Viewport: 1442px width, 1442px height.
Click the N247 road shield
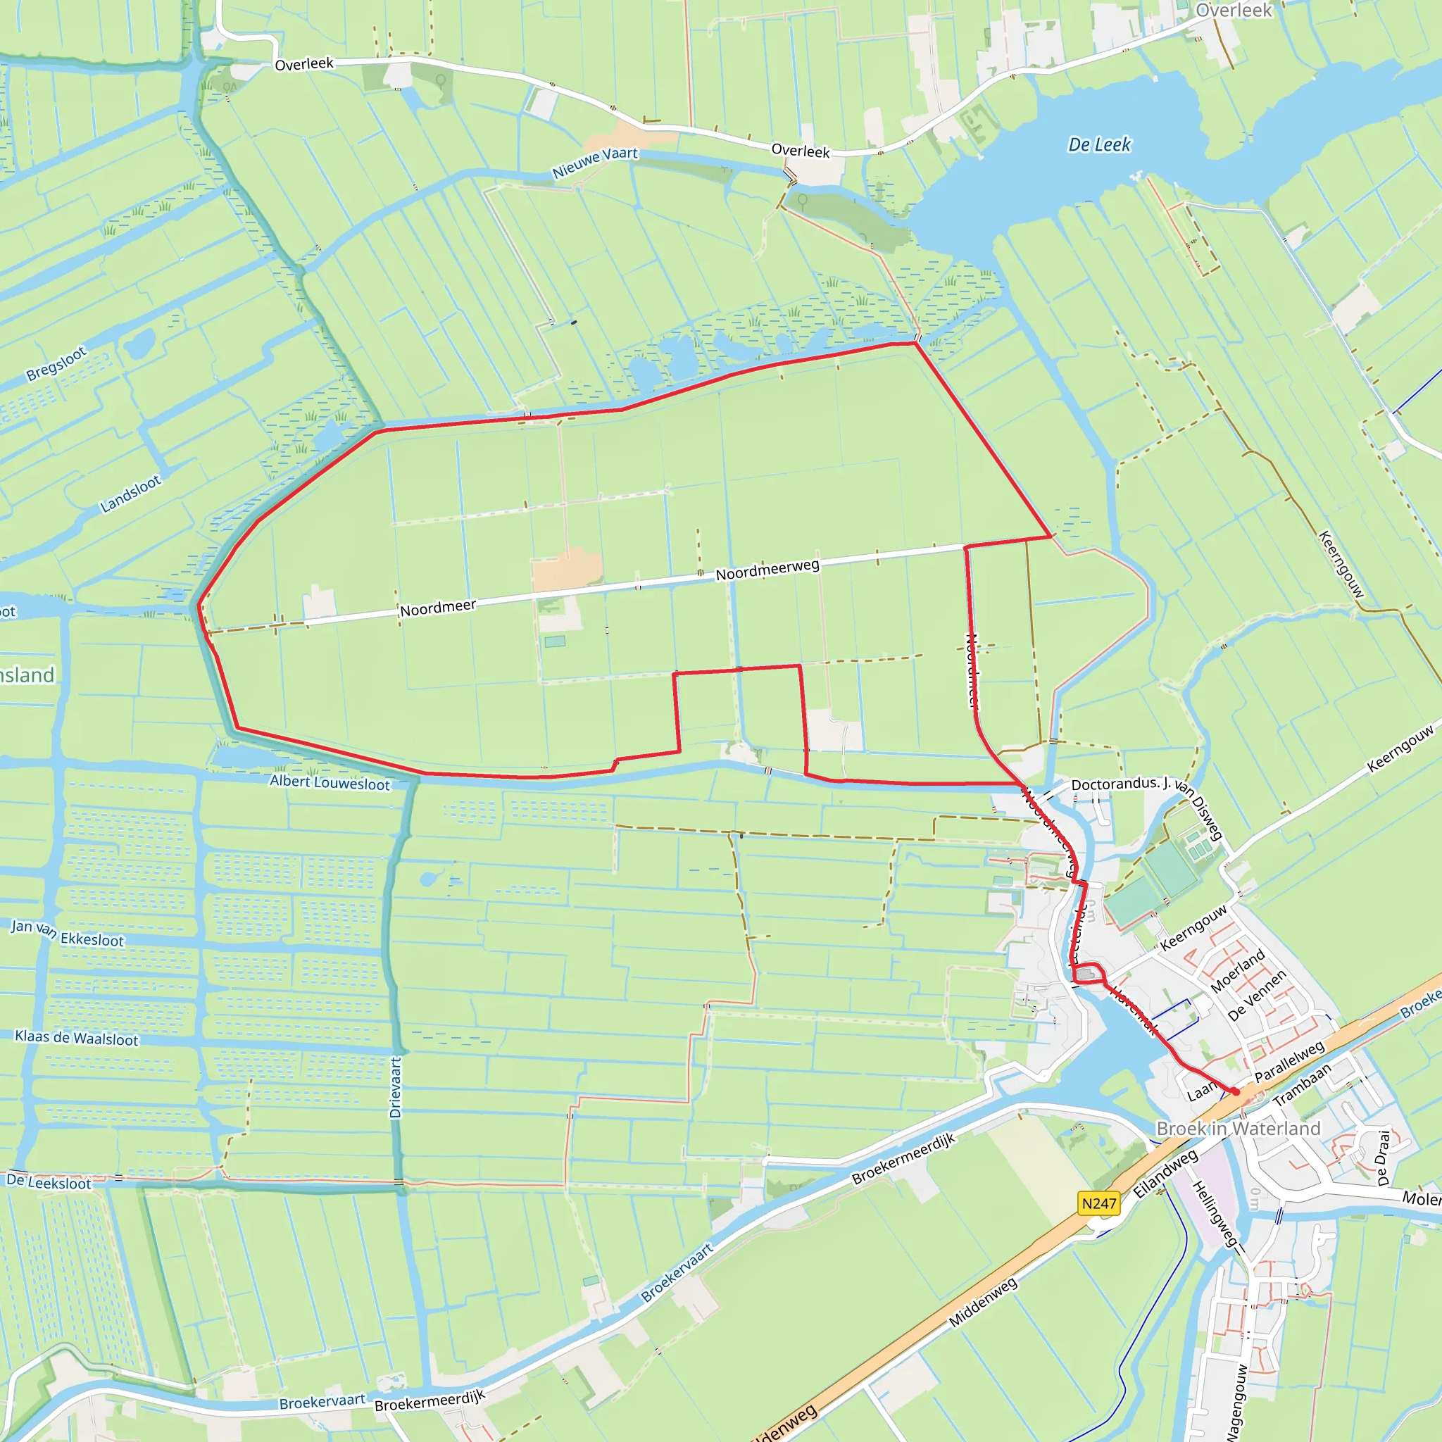point(1098,1203)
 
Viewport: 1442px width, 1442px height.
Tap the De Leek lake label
point(1099,145)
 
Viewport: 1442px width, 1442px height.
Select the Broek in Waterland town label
point(1239,1129)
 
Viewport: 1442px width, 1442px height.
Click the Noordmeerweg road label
point(767,570)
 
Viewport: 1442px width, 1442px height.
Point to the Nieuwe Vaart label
point(595,162)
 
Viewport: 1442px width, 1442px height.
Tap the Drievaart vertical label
point(396,1086)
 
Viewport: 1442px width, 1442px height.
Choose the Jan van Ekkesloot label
point(67,934)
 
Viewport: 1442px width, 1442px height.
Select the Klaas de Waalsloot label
point(76,1039)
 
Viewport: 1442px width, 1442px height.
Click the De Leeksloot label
point(49,1182)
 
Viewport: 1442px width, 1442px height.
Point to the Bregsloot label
point(57,363)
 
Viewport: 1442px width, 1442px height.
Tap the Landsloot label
point(131,494)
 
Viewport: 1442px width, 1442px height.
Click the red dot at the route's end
point(1235,1091)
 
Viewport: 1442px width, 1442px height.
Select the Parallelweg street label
point(1289,1061)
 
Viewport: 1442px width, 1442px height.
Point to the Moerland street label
point(1238,971)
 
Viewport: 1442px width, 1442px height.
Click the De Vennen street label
point(1257,995)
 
